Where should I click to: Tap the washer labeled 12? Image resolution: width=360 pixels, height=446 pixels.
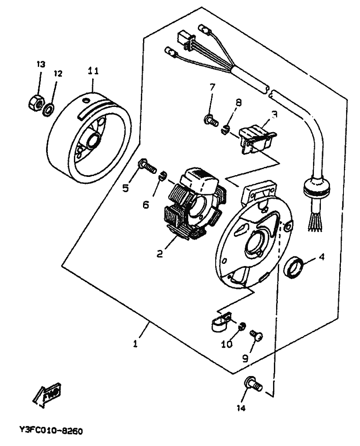49,110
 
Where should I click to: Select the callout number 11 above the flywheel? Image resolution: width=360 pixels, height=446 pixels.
93,71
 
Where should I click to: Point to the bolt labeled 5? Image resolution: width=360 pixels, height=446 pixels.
147,166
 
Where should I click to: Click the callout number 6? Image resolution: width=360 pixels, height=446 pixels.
146,204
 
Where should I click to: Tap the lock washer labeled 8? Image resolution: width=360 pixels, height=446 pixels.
225,130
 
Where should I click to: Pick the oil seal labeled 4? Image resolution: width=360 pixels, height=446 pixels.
294,267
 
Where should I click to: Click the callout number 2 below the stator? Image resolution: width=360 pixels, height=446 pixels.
160,253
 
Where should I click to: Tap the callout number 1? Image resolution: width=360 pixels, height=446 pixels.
136,343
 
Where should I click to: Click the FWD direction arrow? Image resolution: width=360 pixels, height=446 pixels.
47,395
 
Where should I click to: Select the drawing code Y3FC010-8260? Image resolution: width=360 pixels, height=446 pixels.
51,431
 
